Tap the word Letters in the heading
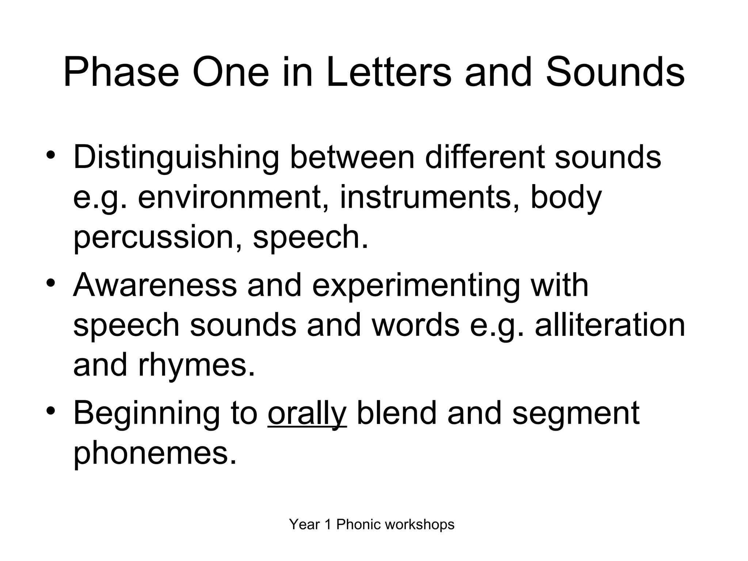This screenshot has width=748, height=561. coord(389,72)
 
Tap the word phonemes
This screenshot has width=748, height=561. coord(155,453)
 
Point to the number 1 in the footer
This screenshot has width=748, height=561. coord(327,524)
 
